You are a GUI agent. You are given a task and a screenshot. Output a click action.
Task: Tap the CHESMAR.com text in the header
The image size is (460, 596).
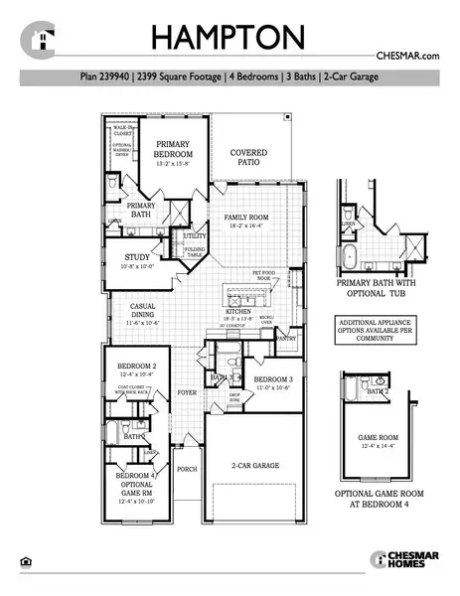(x=407, y=57)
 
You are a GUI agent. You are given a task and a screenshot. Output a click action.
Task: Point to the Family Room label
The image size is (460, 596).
(x=247, y=221)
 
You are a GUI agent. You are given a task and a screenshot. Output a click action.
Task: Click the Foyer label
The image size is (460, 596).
(x=187, y=392)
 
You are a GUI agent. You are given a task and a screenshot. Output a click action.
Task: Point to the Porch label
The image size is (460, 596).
(x=187, y=469)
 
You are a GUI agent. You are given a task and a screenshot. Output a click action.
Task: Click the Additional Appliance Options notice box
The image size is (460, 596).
(x=381, y=332)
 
